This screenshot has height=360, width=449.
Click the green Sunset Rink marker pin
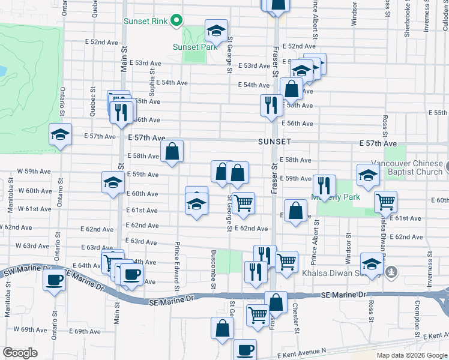tap(176, 21)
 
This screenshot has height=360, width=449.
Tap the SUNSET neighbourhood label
tap(274, 142)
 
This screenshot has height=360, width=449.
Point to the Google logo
tap(20, 352)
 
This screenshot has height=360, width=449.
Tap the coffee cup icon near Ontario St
tap(55, 280)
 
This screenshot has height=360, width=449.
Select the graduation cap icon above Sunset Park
tap(216, 29)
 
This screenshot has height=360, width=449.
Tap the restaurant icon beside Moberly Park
tap(324, 185)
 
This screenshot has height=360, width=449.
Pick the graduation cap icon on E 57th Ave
tap(60, 134)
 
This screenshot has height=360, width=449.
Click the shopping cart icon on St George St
tap(243, 203)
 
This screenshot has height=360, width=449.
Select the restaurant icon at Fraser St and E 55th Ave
tap(271, 105)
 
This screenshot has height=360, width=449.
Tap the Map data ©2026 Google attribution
tap(412, 355)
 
